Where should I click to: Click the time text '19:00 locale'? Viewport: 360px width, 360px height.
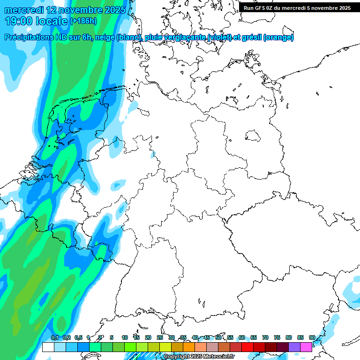point(36,21)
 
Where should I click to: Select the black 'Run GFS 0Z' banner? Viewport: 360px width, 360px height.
point(297,8)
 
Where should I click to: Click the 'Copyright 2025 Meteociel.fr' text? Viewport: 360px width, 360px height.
point(199,357)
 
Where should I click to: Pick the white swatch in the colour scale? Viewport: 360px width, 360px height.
point(48,347)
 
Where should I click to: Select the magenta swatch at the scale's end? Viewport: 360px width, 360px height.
point(306,347)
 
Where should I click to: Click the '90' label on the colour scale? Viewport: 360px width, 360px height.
point(312,337)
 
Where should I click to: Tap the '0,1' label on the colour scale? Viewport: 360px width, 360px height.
point(54,337)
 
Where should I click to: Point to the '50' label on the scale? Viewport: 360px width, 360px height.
point(218,337)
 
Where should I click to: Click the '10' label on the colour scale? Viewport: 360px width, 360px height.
point(125,337)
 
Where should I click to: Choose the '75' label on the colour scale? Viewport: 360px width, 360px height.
point(277,337)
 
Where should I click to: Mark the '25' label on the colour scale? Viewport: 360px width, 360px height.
point(160,337)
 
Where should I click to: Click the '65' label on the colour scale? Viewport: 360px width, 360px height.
point(254,337)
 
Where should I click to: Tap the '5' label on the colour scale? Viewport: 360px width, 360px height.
point(112,337)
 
